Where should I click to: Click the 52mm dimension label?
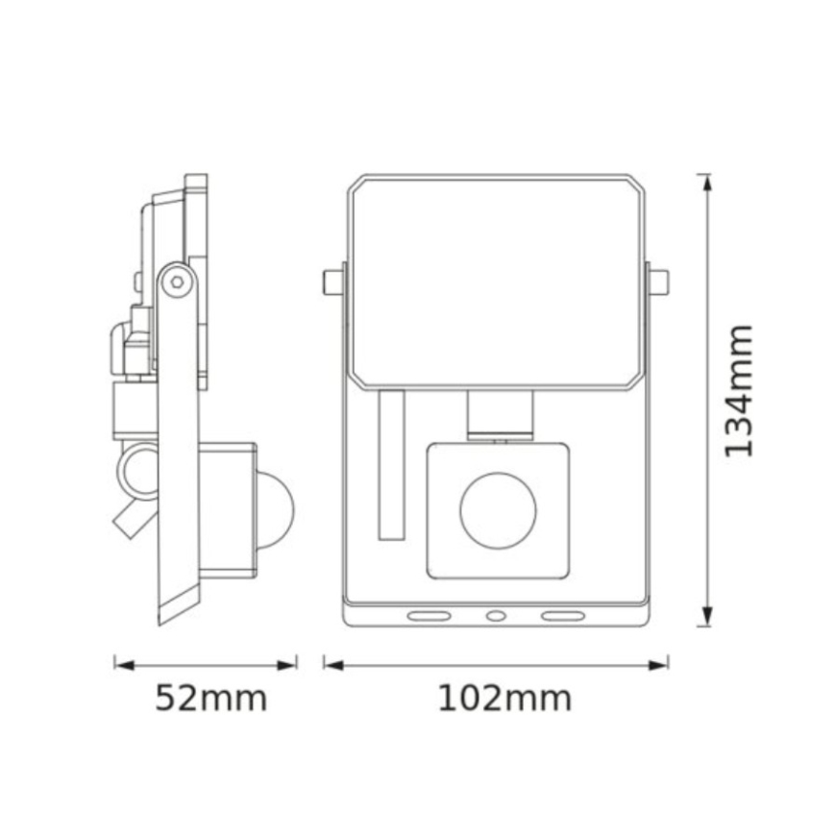[x=211, y=699]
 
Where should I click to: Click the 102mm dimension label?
[x=504, y=699]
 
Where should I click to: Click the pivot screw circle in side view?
[x=176, y=282]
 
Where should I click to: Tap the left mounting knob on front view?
[x=331, y=282]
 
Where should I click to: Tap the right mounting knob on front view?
[x=659, y=282]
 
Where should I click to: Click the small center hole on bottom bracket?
[x=495, y=615]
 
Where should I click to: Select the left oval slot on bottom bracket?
[x=429, y=615]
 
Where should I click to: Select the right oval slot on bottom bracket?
[x=562, y=615]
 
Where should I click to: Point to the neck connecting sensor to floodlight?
[x=499, y=414]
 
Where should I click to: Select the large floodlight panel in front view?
[x=495, y=282]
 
